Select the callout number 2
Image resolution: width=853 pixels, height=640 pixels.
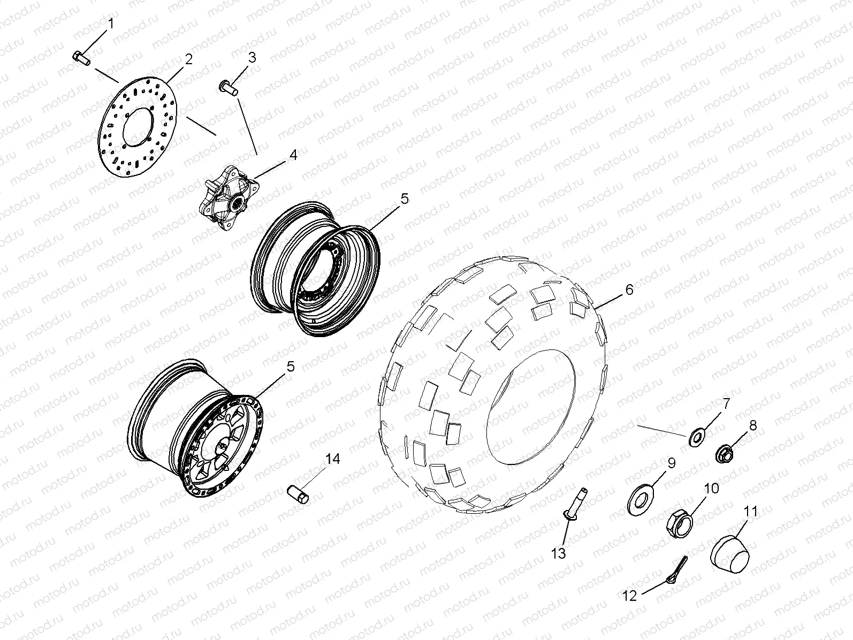188,59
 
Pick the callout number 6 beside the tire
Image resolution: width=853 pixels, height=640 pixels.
629,289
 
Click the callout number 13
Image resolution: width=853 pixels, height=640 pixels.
558,554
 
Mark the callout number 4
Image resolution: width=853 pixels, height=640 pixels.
293,155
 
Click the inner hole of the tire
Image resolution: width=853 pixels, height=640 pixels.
530,407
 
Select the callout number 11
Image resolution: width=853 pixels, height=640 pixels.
751,512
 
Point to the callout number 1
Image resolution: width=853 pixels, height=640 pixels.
111,24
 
